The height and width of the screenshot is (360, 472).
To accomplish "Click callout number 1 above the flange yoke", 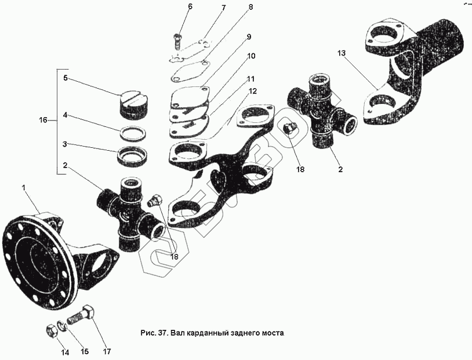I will coord(24,188).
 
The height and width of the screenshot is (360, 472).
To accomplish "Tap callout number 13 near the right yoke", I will coord(342,53).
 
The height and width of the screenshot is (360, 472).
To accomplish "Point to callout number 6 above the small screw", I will coord(173,6).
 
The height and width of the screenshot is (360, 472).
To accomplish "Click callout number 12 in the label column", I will coord(253,91).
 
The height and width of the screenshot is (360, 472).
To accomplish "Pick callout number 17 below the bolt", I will coord(107,351).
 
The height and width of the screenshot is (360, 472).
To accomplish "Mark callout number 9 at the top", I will coord(248,37).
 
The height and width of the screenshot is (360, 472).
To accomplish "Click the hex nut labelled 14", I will coord(50,331).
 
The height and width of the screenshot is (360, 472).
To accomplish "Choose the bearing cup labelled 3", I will coord(134,155).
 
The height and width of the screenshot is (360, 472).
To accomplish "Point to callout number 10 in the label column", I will coord(250,56).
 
